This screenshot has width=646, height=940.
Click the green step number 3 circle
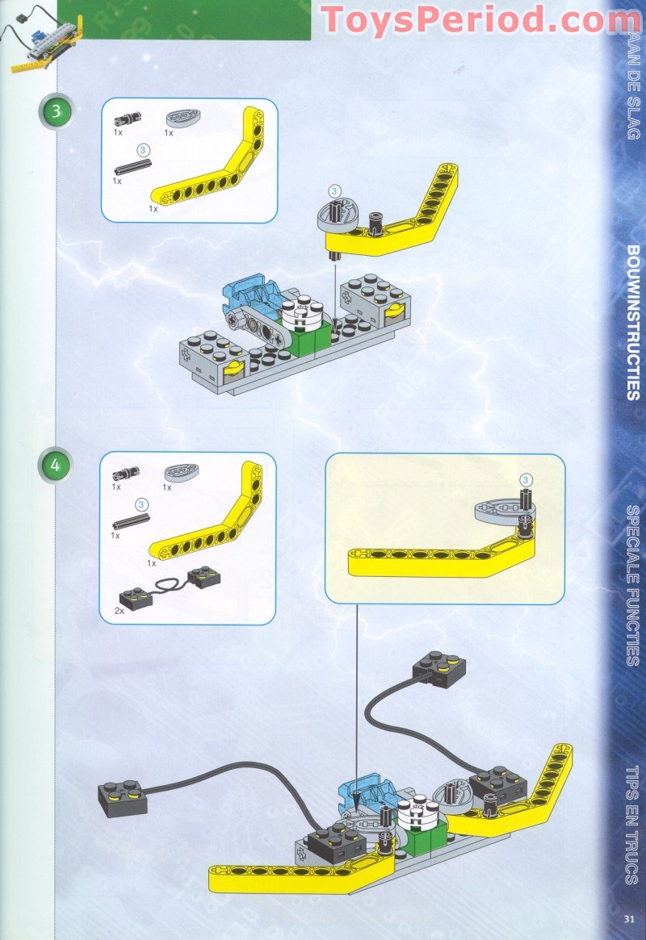(x=56, y=111)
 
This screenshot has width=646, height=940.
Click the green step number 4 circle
(x=56, y=466)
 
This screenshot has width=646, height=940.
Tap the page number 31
(x=630, y=917)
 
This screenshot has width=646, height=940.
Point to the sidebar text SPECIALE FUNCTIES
(x=632, y=585)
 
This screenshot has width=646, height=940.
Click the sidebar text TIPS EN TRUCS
(x=632, y=823)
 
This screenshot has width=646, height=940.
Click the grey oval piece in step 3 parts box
(x=181, y=119)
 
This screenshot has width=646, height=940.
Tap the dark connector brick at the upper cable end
(x=438, y=668)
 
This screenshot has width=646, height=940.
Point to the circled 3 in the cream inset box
(x=525, y=480)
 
